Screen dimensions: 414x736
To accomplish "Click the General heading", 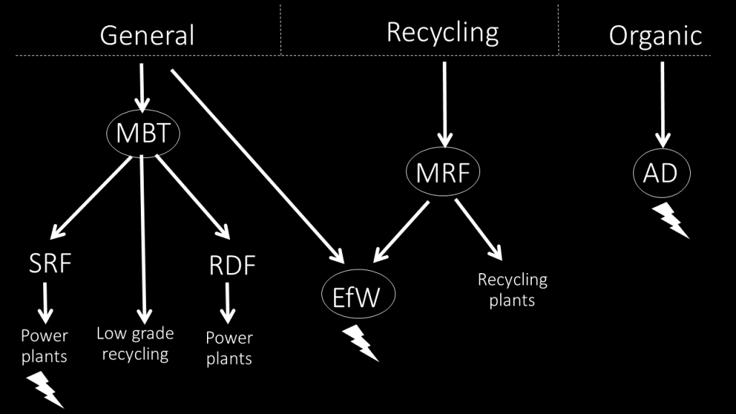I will coord(147,35).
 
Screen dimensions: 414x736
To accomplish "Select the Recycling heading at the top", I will coord(442,32).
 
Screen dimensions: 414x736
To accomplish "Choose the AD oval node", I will coord(661,173).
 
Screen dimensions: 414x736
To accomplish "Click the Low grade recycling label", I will coord(135,344).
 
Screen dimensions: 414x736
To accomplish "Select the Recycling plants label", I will coord(512,289).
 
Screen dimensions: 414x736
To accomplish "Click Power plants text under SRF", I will coord(45,346).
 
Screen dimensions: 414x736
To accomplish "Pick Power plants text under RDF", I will coord(229,348).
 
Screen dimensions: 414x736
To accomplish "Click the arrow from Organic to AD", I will coord(661,104).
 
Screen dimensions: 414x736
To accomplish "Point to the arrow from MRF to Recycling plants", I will coord(477,229).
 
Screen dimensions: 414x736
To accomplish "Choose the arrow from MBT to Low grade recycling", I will coord(144,237).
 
